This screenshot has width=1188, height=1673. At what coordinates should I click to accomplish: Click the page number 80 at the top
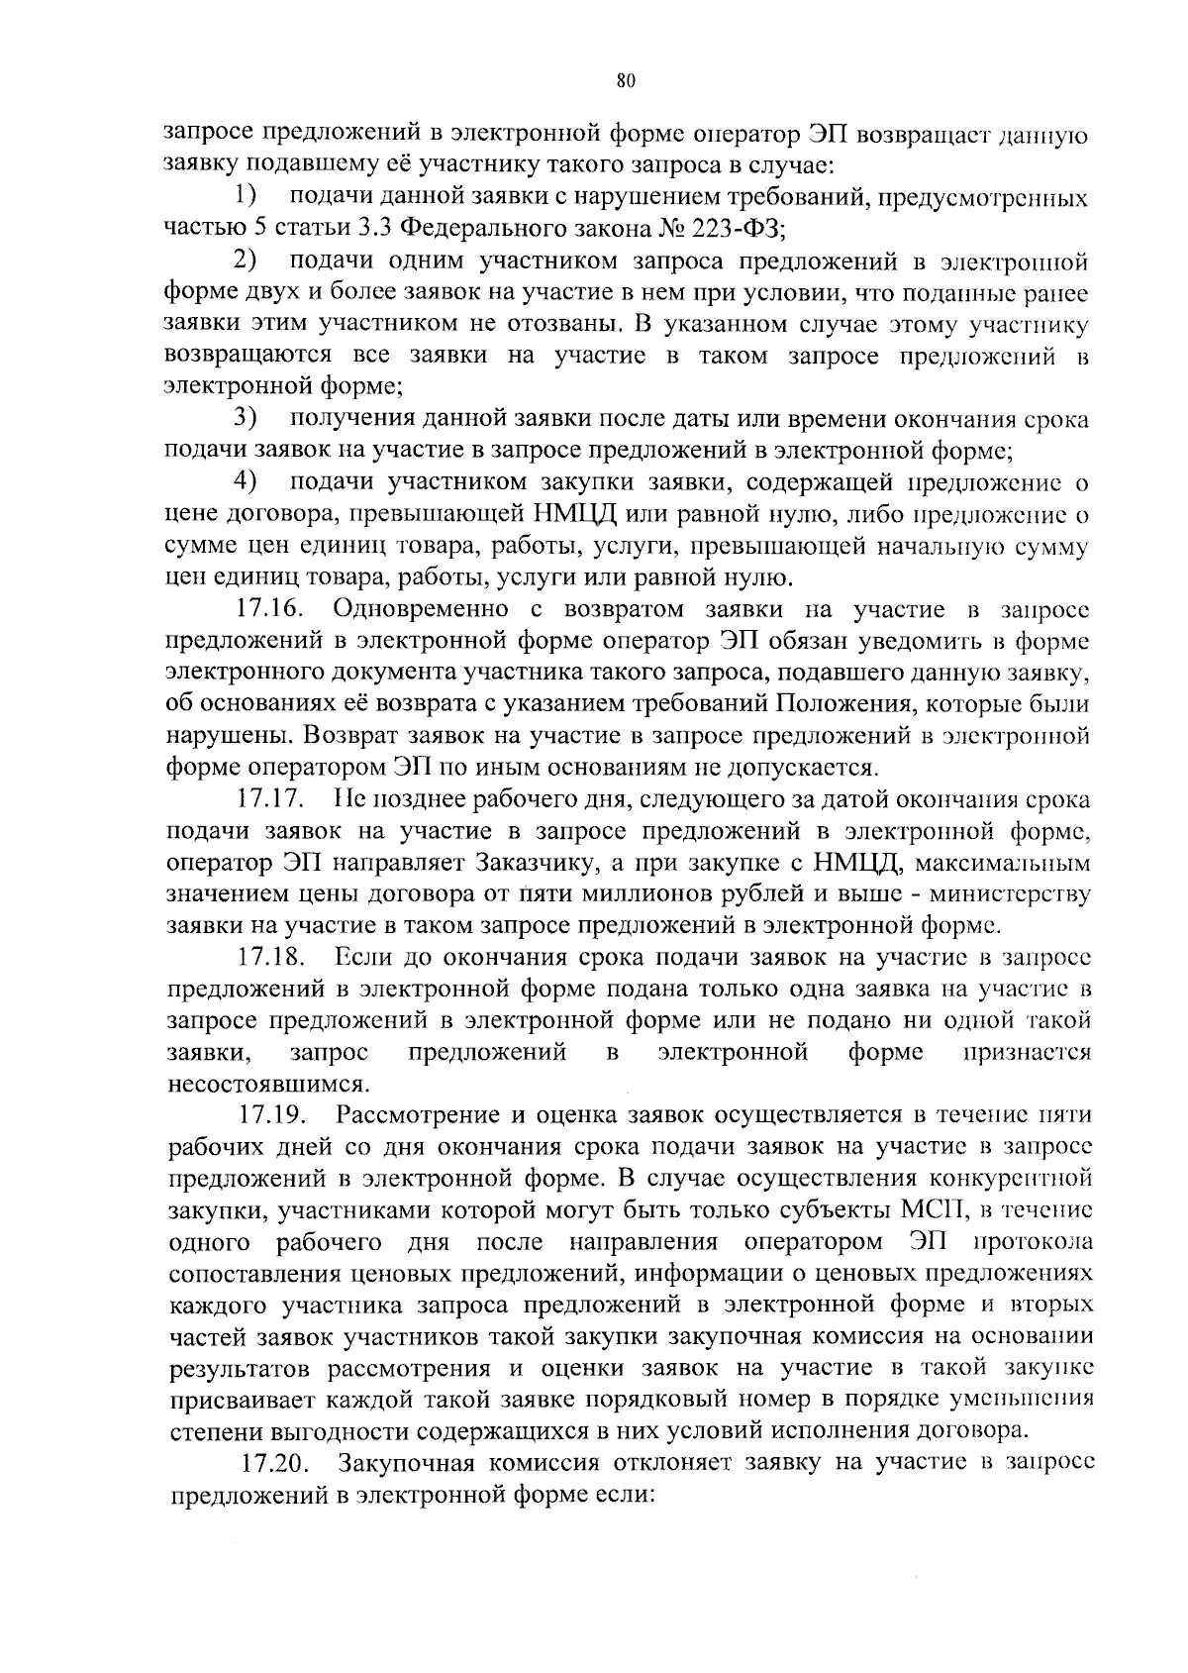pos(624,82)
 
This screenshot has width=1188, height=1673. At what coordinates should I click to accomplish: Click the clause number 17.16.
pos(269,608)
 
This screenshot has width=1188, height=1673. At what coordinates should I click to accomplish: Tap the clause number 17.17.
pos(269,798)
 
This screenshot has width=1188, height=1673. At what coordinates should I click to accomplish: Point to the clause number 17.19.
pos(269,1115)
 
